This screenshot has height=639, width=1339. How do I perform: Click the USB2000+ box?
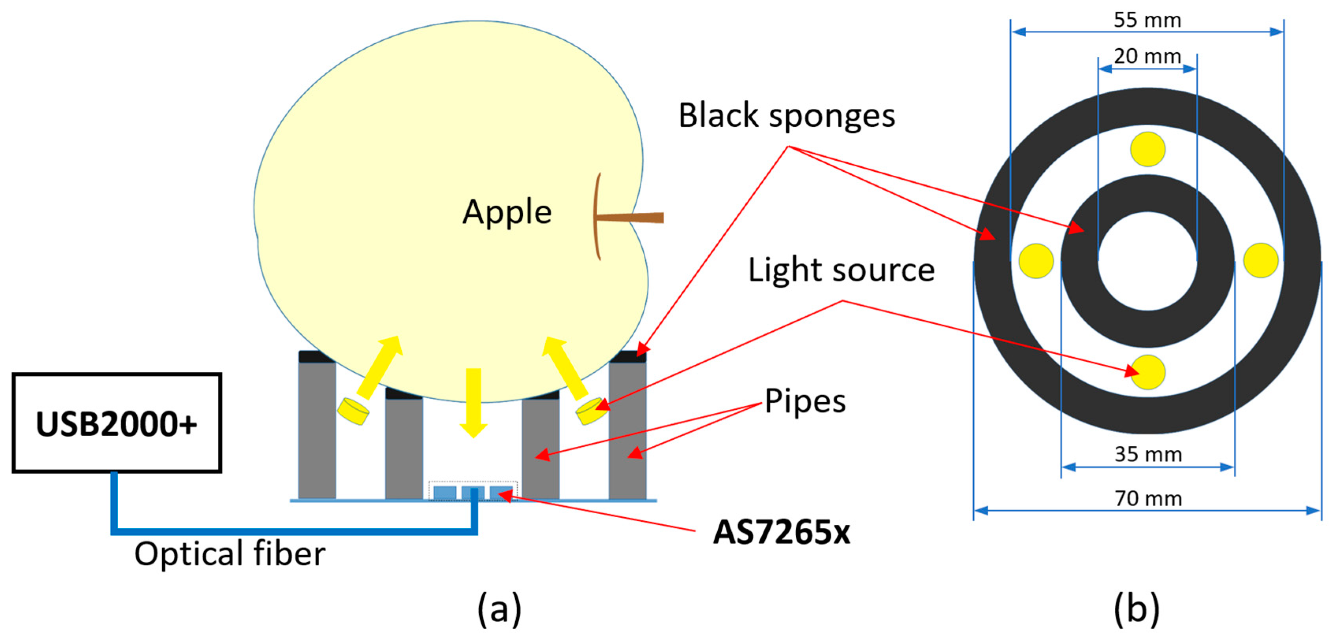click(117, 423)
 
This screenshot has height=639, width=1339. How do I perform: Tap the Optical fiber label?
click(230, 554)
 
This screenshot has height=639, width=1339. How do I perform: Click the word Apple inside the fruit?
click(507, 212)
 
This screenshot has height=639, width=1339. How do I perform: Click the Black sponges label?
click(786, 115)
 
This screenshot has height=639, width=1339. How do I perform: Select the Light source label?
click(841, 270)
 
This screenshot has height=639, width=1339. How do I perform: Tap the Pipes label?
click(805, 401)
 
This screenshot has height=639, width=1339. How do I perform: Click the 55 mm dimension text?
click(1147, 20)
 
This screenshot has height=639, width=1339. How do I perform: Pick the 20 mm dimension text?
click(1147, 56)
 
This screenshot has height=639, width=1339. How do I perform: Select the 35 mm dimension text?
click(1148, 454)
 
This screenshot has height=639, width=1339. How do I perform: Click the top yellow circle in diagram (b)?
click(1147, 149)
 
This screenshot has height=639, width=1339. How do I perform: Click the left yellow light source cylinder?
click(353, 411)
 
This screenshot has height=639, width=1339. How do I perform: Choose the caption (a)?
click(499, 608)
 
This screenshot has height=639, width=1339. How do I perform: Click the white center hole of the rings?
click(1148, 261)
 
